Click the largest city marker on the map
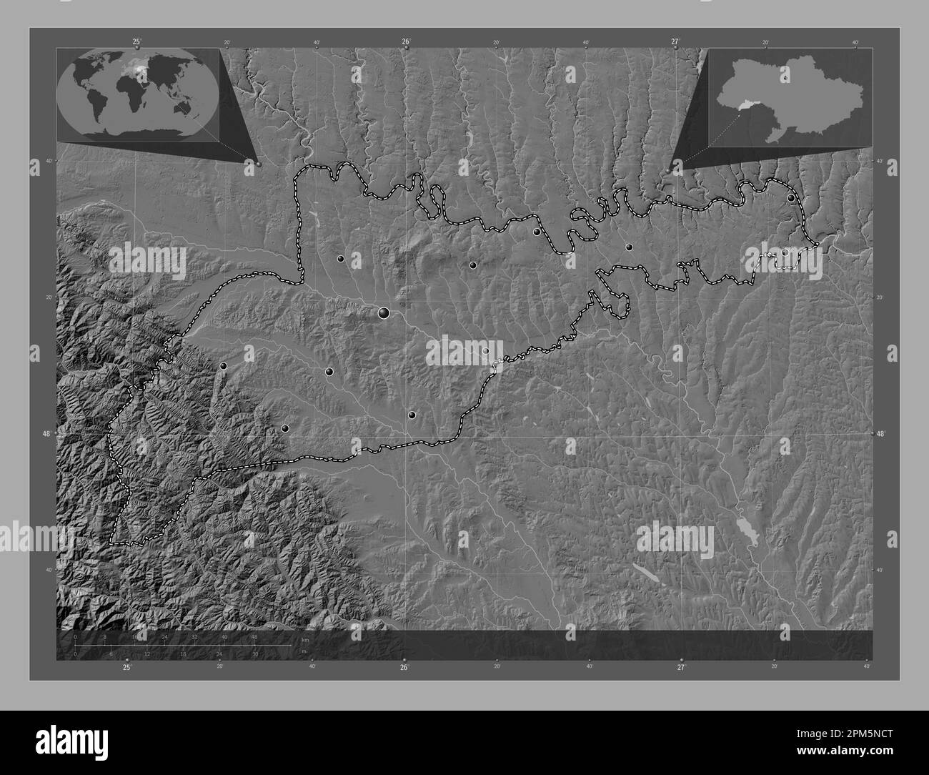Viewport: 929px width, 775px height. (x=384, y=312)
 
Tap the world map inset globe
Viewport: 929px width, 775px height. (x=138, y=92)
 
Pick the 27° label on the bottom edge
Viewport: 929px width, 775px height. (x=681, y=667)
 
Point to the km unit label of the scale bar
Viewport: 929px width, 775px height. (x=305, y=641)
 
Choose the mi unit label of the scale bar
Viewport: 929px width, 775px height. (x=305, y=652)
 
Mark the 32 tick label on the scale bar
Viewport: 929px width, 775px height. (x=194, y=636)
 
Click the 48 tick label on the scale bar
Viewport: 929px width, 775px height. (x=254, y=636)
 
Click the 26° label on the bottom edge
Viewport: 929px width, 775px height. (x=404, y=667)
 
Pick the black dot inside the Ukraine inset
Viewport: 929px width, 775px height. (x=785, y=69)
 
